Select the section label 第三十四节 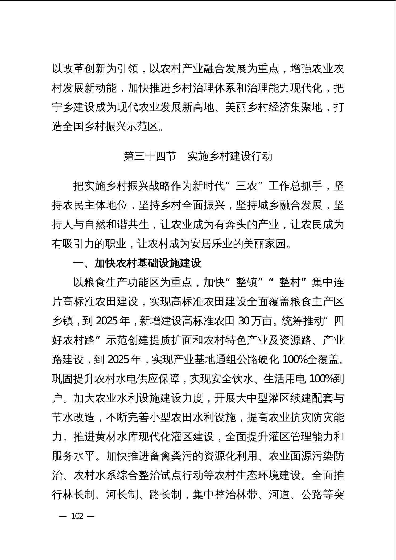pyautogui.click(x=150, y=156)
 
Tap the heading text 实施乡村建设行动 pyautogui.click(x=230, y=156)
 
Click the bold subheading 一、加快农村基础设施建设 pyautogui.click(x=137, y=263)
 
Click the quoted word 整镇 pyautogui.click(x=247, y=282)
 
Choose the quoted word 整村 pyautogui.click(x=290, y=282)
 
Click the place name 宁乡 pyautogui.click(x=63, y=107)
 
